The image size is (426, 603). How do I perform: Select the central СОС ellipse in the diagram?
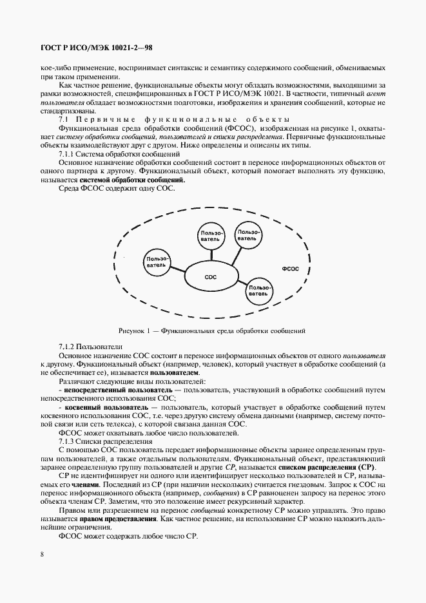tap(210, 276)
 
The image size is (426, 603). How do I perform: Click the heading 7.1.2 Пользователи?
tap(86, 347)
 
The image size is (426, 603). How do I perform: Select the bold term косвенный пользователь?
tap(105, 408)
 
